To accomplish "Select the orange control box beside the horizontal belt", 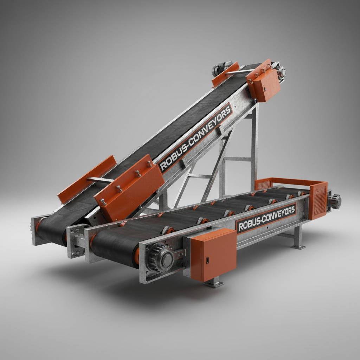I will [213, 254].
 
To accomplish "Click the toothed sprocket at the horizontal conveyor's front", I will [160, 258].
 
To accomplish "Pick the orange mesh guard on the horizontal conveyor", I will [318, 200].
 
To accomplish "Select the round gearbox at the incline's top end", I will [282, 72].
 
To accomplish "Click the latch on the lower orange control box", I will [207, 261].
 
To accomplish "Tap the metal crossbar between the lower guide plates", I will [101, 180].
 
